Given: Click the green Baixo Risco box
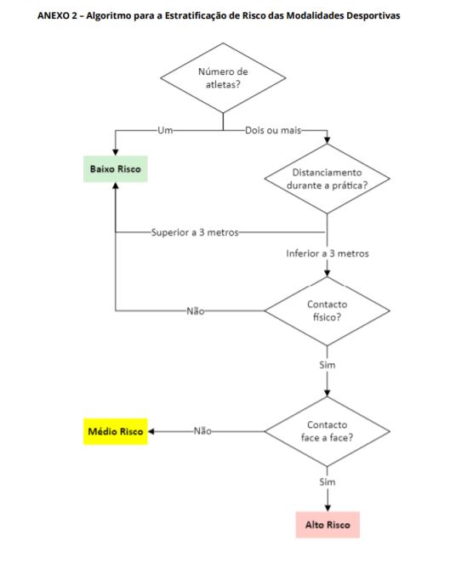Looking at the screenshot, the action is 116,169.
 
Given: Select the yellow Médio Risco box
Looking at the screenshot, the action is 116,431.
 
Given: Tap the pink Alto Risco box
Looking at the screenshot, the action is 328,525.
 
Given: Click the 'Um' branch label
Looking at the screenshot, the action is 165,130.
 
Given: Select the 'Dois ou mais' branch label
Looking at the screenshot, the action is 273,130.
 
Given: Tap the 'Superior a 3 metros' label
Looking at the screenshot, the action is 195,232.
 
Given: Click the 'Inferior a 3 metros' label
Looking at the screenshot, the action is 328,253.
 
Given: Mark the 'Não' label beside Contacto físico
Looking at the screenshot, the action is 196,311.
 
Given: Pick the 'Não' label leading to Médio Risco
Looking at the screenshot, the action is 202,431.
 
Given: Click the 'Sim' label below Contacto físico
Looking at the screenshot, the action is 328,365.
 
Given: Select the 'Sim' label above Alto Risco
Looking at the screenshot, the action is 328,482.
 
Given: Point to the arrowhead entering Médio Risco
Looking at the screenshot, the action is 151,431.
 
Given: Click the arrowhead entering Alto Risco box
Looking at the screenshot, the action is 328,508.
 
